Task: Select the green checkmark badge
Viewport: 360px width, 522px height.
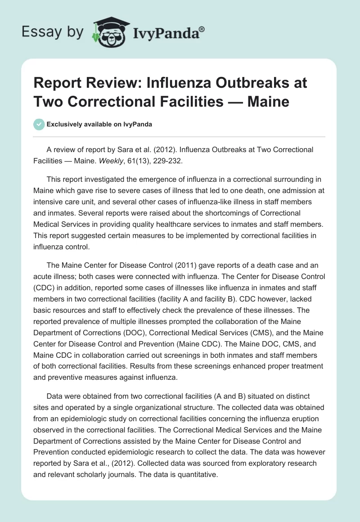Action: click(39, 124)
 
